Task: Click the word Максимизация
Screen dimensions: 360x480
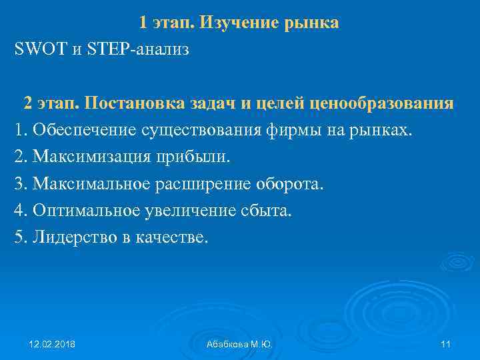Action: click(93, 157)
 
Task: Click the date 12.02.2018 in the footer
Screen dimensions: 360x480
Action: click(52, 344)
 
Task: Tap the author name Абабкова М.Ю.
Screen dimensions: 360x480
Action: click(239, 344)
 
